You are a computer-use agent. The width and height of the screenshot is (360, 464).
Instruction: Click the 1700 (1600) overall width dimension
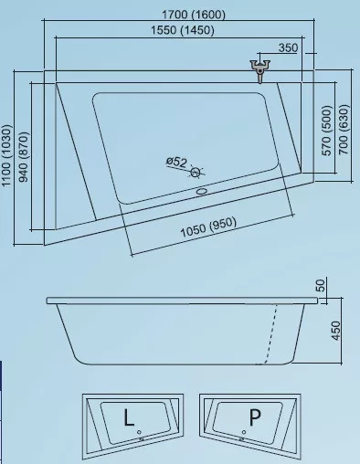194,15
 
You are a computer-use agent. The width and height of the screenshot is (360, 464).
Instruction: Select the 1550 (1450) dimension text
183,30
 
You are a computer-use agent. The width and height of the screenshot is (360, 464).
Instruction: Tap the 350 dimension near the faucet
288,47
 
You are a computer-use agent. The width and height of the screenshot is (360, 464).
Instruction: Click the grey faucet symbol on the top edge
260,71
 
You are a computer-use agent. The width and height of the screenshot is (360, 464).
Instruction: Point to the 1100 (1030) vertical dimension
6,155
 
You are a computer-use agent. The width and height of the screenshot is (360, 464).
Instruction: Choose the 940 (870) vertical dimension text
24,157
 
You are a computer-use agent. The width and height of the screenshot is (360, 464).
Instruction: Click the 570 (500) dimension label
326,131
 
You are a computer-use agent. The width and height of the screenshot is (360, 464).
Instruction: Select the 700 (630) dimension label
344,130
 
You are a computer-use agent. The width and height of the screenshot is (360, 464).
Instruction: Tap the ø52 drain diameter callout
176,161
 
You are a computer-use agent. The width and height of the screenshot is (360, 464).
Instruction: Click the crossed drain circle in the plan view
196,173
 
